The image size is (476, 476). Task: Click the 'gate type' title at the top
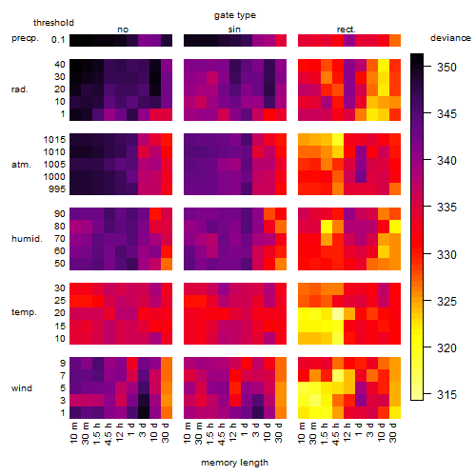235,15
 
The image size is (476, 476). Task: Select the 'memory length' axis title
234,463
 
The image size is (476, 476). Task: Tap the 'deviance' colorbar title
450,38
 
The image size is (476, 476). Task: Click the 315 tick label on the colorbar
446,394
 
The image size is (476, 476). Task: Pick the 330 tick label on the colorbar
446,254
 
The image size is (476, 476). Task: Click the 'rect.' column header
346,30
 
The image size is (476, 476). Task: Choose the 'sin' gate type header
234,30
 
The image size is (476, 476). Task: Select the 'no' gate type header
123,30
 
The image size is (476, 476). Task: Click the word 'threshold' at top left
53,23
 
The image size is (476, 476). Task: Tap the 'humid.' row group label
27,239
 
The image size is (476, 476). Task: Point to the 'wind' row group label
22,388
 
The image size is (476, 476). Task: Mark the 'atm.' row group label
21,165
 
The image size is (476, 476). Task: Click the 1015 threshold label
54,140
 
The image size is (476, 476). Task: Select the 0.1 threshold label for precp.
58,40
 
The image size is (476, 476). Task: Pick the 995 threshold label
57,189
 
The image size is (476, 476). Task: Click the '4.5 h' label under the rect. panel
336,433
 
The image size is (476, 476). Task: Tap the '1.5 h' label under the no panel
98,433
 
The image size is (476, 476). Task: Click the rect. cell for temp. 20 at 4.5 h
338,313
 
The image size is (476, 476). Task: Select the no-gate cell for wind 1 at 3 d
144,412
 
